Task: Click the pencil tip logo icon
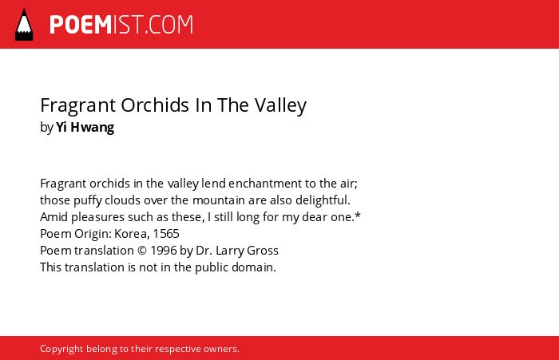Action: (x=24, y=24)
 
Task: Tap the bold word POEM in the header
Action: (x=81, y=25)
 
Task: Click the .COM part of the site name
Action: (x=168, y=25)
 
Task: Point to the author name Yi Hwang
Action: (x=85, y=127)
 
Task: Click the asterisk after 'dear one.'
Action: (x=358, y=216)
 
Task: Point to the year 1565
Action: (x=166, y=234)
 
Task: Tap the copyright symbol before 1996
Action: (x=142, y=251)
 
